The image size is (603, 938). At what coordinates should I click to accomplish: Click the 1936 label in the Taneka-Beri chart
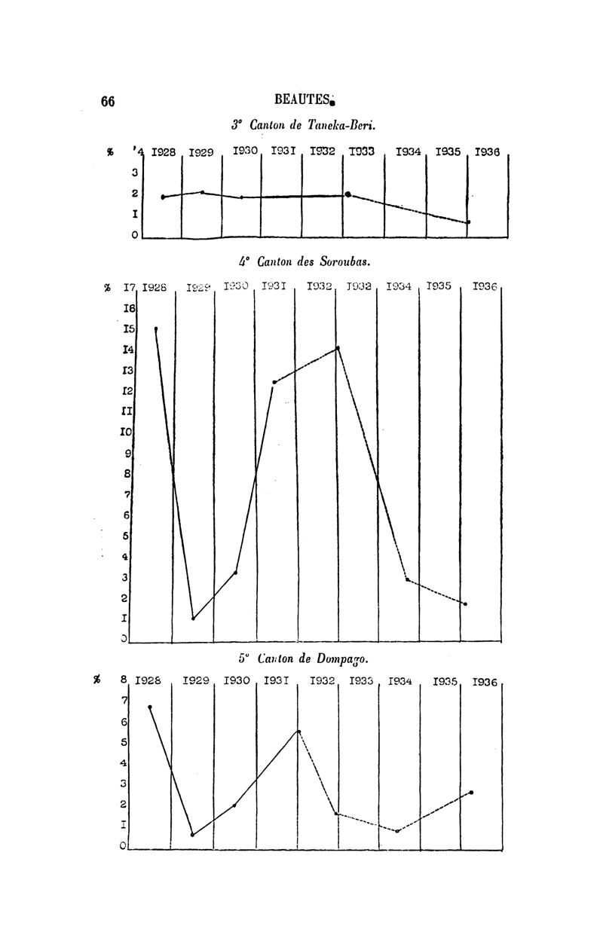click(488, 152)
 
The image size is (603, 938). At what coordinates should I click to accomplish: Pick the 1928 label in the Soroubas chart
click(155, 287)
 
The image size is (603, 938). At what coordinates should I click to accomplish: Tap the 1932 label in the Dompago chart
click(323, 682)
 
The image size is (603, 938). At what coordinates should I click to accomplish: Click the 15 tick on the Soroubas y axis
click(129, 329)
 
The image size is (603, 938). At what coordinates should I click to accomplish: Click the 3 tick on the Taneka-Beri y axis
click(134, 173)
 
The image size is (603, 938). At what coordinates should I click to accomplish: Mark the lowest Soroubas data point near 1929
click(194, 619)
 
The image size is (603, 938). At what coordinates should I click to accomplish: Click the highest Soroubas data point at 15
click(156, 328)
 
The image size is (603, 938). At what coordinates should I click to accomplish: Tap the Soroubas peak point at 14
click(338, 348)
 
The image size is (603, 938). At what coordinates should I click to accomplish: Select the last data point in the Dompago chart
click(471, 793)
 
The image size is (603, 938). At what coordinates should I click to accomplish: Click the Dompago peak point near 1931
click(299, 732)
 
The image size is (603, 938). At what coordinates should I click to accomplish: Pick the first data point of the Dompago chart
click(150, 707)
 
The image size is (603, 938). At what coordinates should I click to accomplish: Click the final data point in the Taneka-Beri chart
click(468, 222)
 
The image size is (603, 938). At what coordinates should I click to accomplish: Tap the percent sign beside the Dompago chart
click(97, 681)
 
